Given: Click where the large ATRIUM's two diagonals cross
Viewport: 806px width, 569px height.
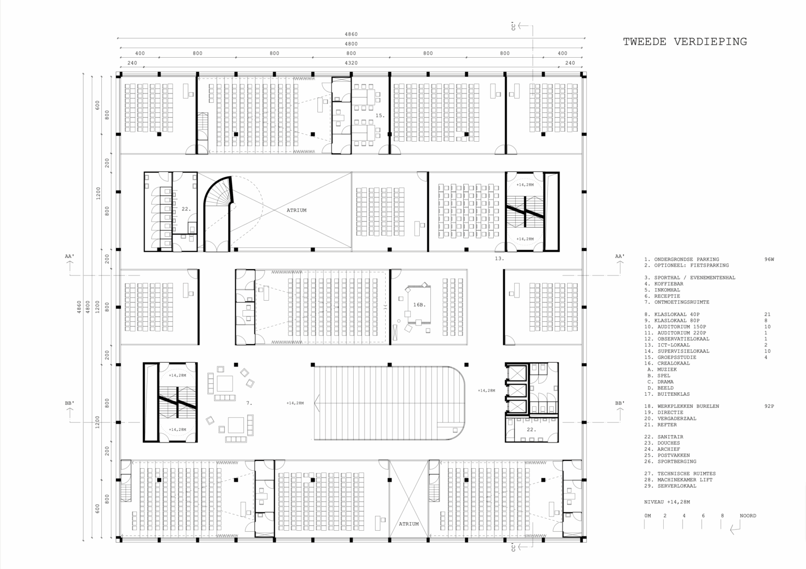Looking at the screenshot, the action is pyautogui.click(x=275, y=210).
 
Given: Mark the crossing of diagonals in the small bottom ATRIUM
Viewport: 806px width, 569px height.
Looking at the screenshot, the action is pyautogui.click(x=409, y=499).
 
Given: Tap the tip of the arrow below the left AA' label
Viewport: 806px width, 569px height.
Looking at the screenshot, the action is pyautogui.click(x=70, y=261).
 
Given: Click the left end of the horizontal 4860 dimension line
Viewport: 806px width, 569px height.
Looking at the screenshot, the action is pyautogui.click(x=118, y=38).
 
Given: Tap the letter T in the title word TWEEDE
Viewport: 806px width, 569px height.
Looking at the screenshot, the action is pyautogui.click(x=627, y=42).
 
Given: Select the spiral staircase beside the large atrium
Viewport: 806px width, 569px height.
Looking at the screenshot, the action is pyautogui.click(x=218, y=213).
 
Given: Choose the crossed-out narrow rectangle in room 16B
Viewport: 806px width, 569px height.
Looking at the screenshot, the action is pyautogui.click(x=395, y=332).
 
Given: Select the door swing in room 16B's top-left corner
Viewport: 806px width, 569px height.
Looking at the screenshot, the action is pyautogui.click(x=396, y=274).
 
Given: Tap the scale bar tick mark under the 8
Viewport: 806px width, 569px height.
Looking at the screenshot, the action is pyautogui.click(x=721, y=524).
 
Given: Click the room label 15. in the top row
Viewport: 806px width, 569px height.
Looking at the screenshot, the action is pyautogui.click(x=380, y=115).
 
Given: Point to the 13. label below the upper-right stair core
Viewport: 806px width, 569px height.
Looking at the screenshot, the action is pyautogui.click(x=499, y=258).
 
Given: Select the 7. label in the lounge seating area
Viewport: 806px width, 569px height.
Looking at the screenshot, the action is pyautogui.click(x=249, y=403).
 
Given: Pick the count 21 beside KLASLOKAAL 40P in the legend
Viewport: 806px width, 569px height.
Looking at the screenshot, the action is pyautogui.click(x=767, y=314).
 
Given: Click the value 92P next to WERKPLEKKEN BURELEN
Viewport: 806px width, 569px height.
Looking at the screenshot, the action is pyautogui.click(x=769, y=406).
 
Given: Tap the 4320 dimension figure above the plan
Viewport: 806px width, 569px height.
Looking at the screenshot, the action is pyautogui.click(x=351, y=63).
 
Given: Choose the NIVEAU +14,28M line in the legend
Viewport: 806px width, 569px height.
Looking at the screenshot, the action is pyautogui.click(x=667, y=502).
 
